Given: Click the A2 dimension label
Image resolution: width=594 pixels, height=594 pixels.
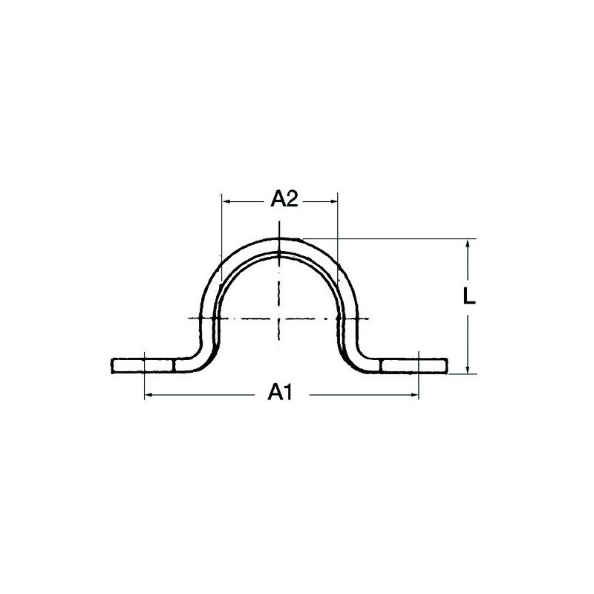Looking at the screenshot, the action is [x=284, y=199].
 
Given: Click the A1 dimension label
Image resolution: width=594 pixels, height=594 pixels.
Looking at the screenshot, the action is [x=280, y=392].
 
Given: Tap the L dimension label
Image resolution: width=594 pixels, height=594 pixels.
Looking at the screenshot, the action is [x=469, y=296].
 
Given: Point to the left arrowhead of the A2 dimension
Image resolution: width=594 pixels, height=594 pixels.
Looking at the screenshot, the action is [x=226, y=201].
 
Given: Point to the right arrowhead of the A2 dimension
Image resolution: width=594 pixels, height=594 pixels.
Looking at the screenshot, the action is [x=333, y=201].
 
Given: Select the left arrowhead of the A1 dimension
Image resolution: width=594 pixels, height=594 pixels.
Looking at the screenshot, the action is [x=149, y=395].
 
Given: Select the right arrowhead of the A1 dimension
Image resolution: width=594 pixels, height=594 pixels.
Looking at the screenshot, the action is [x=414, y=395].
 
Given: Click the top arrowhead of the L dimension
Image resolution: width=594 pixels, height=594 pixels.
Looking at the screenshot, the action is [x=468, y=244].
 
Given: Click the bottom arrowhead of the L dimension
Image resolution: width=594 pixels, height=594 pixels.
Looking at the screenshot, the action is [x=468, y=368].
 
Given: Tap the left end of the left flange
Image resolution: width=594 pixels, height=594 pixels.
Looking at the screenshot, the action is [x=112, y=365].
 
